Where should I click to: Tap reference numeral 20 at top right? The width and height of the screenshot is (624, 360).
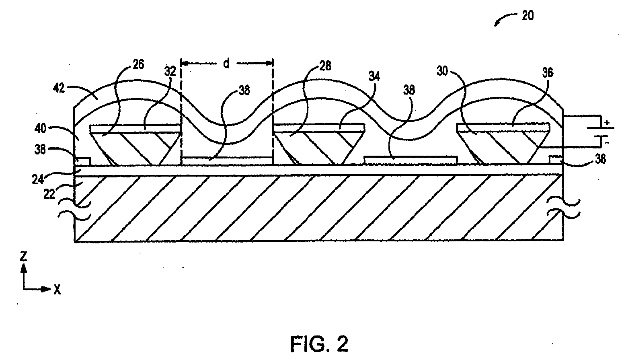(528, 16)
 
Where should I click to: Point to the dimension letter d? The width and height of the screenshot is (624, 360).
(226, 64)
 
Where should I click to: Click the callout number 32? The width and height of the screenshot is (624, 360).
(170, 72)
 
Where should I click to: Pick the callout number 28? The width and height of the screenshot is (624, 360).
(325, 66)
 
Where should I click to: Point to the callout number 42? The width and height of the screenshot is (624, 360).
(59, 88)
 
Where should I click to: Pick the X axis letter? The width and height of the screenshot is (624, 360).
(57, 289)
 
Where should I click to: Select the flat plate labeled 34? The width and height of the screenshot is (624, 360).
(319, 128)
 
